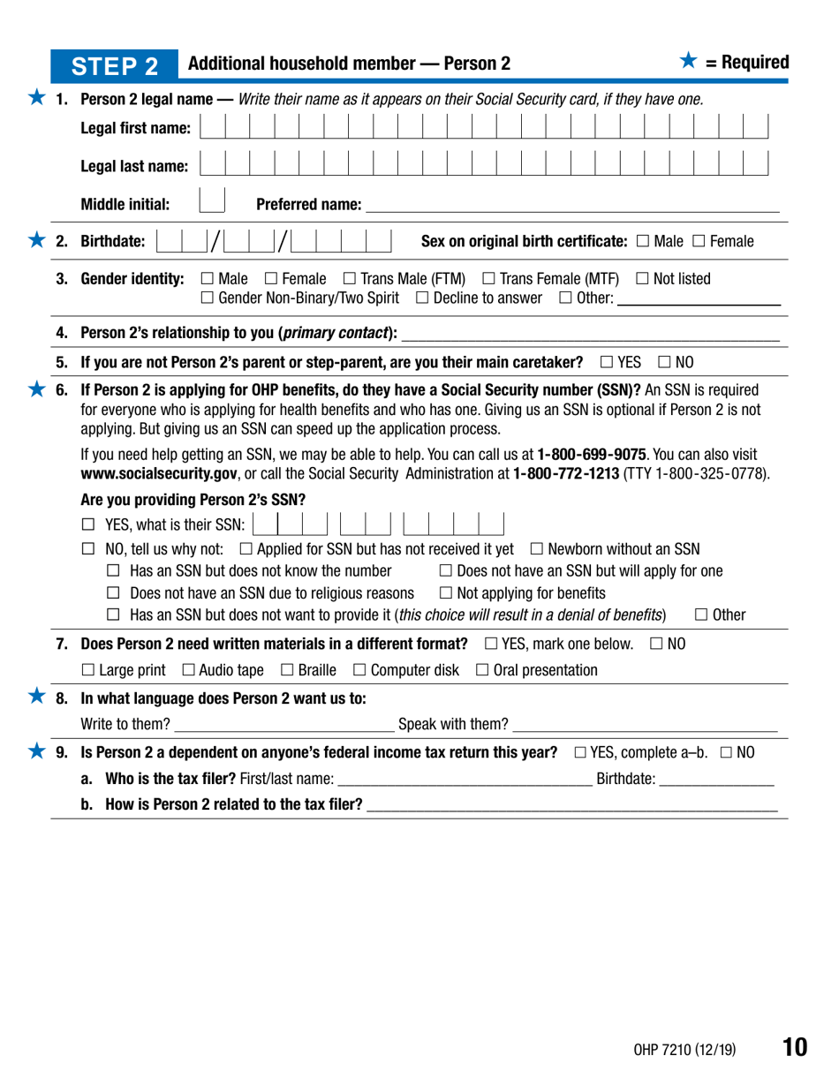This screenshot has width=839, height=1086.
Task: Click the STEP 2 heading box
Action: click(x=125, y=64)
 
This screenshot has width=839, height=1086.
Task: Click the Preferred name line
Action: click(x=572, y=206)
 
